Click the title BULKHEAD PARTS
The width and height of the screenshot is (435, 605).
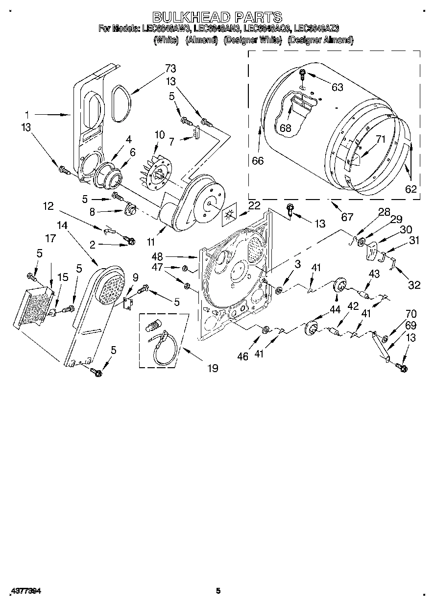[217, 18]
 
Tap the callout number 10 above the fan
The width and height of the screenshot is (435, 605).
[160, 135]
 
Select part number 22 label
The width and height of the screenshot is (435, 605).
[254, 206]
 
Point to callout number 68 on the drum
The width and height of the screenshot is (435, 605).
[285, 128]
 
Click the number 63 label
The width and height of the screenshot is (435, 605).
[337, 88]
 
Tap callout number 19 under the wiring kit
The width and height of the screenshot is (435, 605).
[212, 367]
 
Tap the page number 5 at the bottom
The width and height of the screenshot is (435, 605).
[218, 591]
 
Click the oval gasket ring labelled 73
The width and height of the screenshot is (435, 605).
[120, 103]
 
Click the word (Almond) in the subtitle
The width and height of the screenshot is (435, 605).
[201, 40]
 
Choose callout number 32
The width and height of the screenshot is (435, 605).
[414, 285]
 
